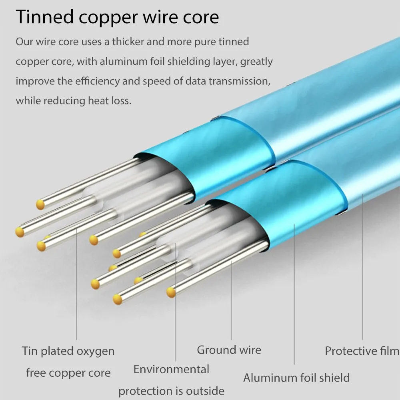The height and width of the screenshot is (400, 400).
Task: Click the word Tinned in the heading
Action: pos(45,17)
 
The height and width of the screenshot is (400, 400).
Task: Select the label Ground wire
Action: pos(229,350)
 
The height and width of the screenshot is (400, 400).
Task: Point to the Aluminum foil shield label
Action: pos(296,378)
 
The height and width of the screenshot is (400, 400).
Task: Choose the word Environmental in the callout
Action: pos(172,369)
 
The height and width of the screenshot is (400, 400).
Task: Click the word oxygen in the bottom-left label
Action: pos(96,352)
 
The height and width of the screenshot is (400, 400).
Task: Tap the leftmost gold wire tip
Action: pos(20,232)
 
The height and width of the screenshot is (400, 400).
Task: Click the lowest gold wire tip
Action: pos(117,300)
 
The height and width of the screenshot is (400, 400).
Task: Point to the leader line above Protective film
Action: pos(362,267)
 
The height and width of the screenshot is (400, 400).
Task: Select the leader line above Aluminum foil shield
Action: pos(294,294)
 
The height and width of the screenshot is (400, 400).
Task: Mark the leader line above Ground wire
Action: pos(231,300)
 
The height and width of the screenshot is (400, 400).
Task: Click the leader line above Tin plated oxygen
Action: pos(76,284)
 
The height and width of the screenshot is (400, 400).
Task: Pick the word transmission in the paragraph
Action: pos(238,81)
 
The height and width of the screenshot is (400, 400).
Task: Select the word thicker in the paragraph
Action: pos(128,42)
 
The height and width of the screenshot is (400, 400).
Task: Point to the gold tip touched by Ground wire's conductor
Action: pos(171,292)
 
